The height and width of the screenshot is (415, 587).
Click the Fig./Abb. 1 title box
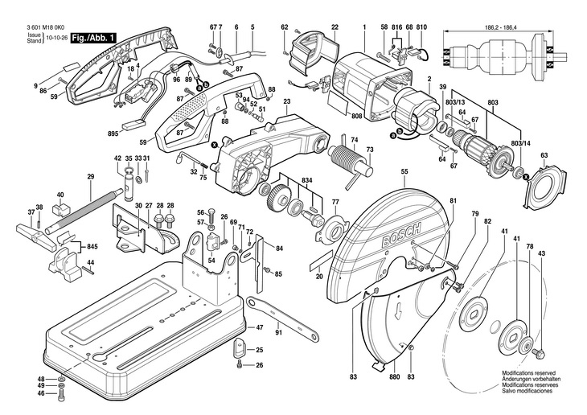[95, 38]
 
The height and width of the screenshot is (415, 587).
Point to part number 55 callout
[404, 171]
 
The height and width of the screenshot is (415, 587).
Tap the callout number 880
[394, 377]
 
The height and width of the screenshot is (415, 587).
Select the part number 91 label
[278, 331]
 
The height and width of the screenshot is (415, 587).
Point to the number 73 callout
[370, 150]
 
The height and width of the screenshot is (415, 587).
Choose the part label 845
[92, 245]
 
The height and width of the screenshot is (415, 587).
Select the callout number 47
[260, 328]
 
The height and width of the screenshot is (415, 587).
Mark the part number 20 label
[319, 276]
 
